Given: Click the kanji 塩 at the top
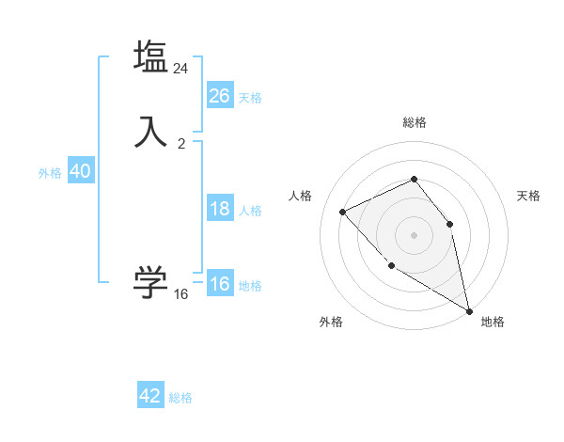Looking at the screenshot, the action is pyautogui.click(x=151, y=56).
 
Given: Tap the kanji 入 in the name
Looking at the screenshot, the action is pyautogui.click(x=151, y=131).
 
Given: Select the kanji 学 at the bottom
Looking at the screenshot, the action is pyautogui.click(x=151, y=282).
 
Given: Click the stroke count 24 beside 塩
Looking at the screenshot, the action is pyautogui.click(x=181, y=69).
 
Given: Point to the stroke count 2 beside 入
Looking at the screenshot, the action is pyautogui.click(x=181, y=143).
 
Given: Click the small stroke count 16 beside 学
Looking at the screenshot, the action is pyautogui.click(x=181, y=294).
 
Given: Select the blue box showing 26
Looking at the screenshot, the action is pyautogui.click(x=220, y=96).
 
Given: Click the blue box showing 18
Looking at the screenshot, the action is pyautogui.click(x=220, y=209).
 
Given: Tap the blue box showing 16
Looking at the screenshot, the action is pyautogui.click(x=220, y=284).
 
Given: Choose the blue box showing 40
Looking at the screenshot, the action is pyautogui.click(x=80, y=171).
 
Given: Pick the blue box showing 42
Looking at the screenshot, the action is pyautogui.click(x=150, y=396).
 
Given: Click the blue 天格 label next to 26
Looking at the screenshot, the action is pyautogui.click(x=250, y=97).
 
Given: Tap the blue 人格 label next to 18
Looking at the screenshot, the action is pyautogui.click(x=250, y=211).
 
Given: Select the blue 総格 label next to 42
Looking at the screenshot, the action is pyautogui.click(x=180, y=398).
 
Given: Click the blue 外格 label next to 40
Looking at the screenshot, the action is pyautogui.click(x=50, y=173).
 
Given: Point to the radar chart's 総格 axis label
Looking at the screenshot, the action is pyautogui.click(x=415, y=122).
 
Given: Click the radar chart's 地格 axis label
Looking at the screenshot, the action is pyautogui.click(x=493, y=322).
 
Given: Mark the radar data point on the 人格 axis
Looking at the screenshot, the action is pyautogui.click(x=343, y=212).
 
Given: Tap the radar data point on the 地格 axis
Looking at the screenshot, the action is pyautogui.click(x=470, y=311).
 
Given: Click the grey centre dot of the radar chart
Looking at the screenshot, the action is pyautogui.click(x=414, y=234).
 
